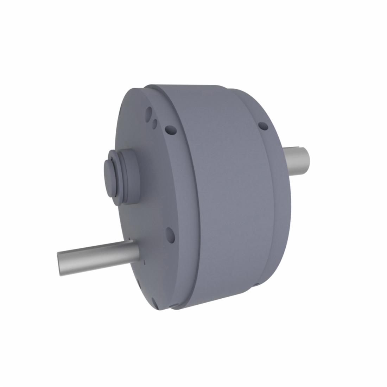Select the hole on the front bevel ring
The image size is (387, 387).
171,131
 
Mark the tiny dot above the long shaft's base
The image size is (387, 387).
130,239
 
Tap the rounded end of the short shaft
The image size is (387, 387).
307,160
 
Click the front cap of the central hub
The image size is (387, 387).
110,176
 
